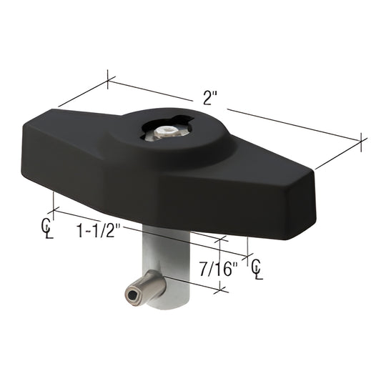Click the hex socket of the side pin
[133, 295]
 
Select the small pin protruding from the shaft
[147, 286]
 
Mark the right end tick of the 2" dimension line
[362, 142]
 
